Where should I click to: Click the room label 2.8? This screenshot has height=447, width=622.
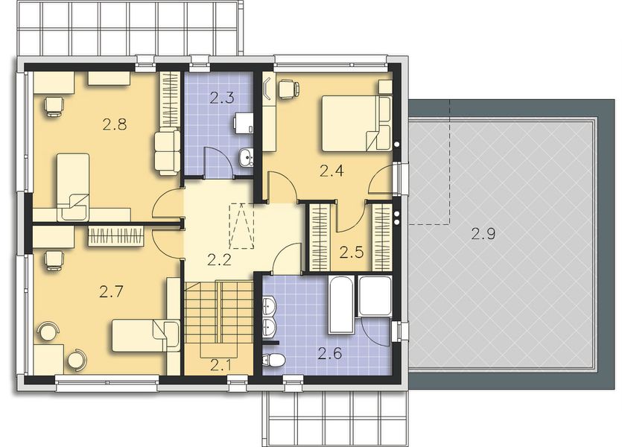114,124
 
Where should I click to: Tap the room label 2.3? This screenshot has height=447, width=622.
221,97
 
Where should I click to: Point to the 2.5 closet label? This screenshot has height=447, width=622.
351,252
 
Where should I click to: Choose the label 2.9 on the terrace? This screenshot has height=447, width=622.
483,233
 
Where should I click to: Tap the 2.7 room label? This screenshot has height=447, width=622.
111,293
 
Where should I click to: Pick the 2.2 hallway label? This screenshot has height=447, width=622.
219,261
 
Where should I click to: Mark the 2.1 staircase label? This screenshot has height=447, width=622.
220,365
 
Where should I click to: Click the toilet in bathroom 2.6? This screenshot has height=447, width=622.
273,361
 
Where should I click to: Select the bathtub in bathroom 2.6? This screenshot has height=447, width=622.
343,305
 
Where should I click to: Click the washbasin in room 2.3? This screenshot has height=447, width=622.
246,156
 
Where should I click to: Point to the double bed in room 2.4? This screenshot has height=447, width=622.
356,123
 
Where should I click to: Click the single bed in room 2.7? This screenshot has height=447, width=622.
145,335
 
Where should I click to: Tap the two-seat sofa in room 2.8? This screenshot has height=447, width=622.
166,150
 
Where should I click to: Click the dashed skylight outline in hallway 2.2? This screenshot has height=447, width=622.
241,226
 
